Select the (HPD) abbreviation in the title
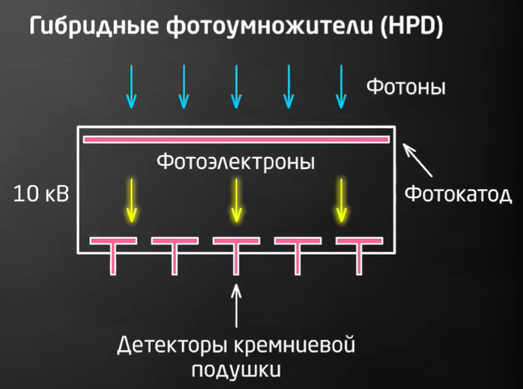click(x=412, y=27)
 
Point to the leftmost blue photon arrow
click(x=132, y=87)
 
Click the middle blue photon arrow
click(x=236, y=87)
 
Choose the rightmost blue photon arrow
click(x=340, y=87)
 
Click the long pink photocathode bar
click(x=236, y=140)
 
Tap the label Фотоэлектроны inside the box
click(x=236, y=163)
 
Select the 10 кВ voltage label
click(x=42, y=195)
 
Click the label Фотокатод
click(x=458, y=195)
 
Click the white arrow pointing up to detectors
click(x=237, y=307)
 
